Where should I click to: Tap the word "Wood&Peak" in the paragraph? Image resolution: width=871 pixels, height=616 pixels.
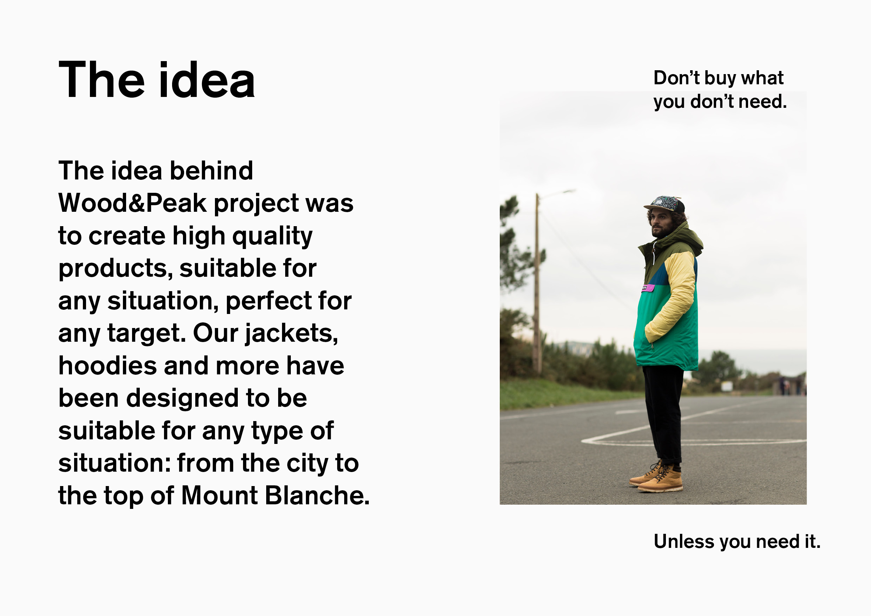[132, 203]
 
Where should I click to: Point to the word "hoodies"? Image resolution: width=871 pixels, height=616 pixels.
[108, 366]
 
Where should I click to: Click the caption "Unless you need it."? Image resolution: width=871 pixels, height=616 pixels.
[737, 542]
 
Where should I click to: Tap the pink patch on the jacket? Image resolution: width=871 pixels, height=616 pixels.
[648, 288]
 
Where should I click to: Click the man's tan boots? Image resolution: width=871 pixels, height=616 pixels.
[656, 477]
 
